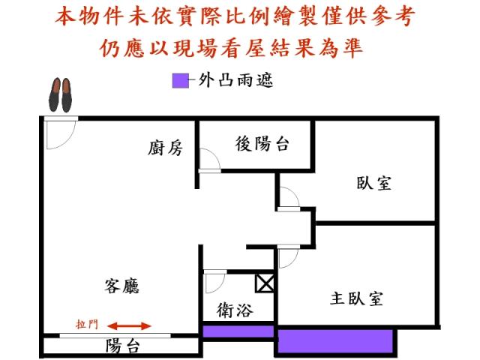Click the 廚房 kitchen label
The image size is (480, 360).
click(x=165, y=148)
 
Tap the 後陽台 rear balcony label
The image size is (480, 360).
click(x=262, y=143)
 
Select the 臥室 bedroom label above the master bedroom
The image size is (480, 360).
click(x=373, y=183)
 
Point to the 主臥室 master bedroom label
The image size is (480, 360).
click(x=356, y=298)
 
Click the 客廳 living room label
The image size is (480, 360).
click(x=121, y=286)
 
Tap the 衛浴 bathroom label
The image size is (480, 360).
click(x=235, y=310)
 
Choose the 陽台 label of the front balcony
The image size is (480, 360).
click(x=123, y=346)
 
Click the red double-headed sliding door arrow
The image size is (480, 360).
click(x=130, y=325)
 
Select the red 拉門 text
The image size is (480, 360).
click(x=87, y=324)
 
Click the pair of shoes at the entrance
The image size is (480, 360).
click(x=60, y=95)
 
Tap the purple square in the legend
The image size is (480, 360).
click(x=180, y=81)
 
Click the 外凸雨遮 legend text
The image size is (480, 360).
click(x=235, y=80)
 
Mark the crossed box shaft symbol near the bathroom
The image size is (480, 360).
click(x=265, y=283)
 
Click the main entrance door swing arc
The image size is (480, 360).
click(x=68, y=141)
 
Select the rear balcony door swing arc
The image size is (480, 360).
click(x=214, y=154)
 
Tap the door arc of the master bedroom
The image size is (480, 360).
click(x=293, y=262)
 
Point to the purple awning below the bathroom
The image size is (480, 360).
click(x=238, y=331)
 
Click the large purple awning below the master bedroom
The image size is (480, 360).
click(x=335, y=340)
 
